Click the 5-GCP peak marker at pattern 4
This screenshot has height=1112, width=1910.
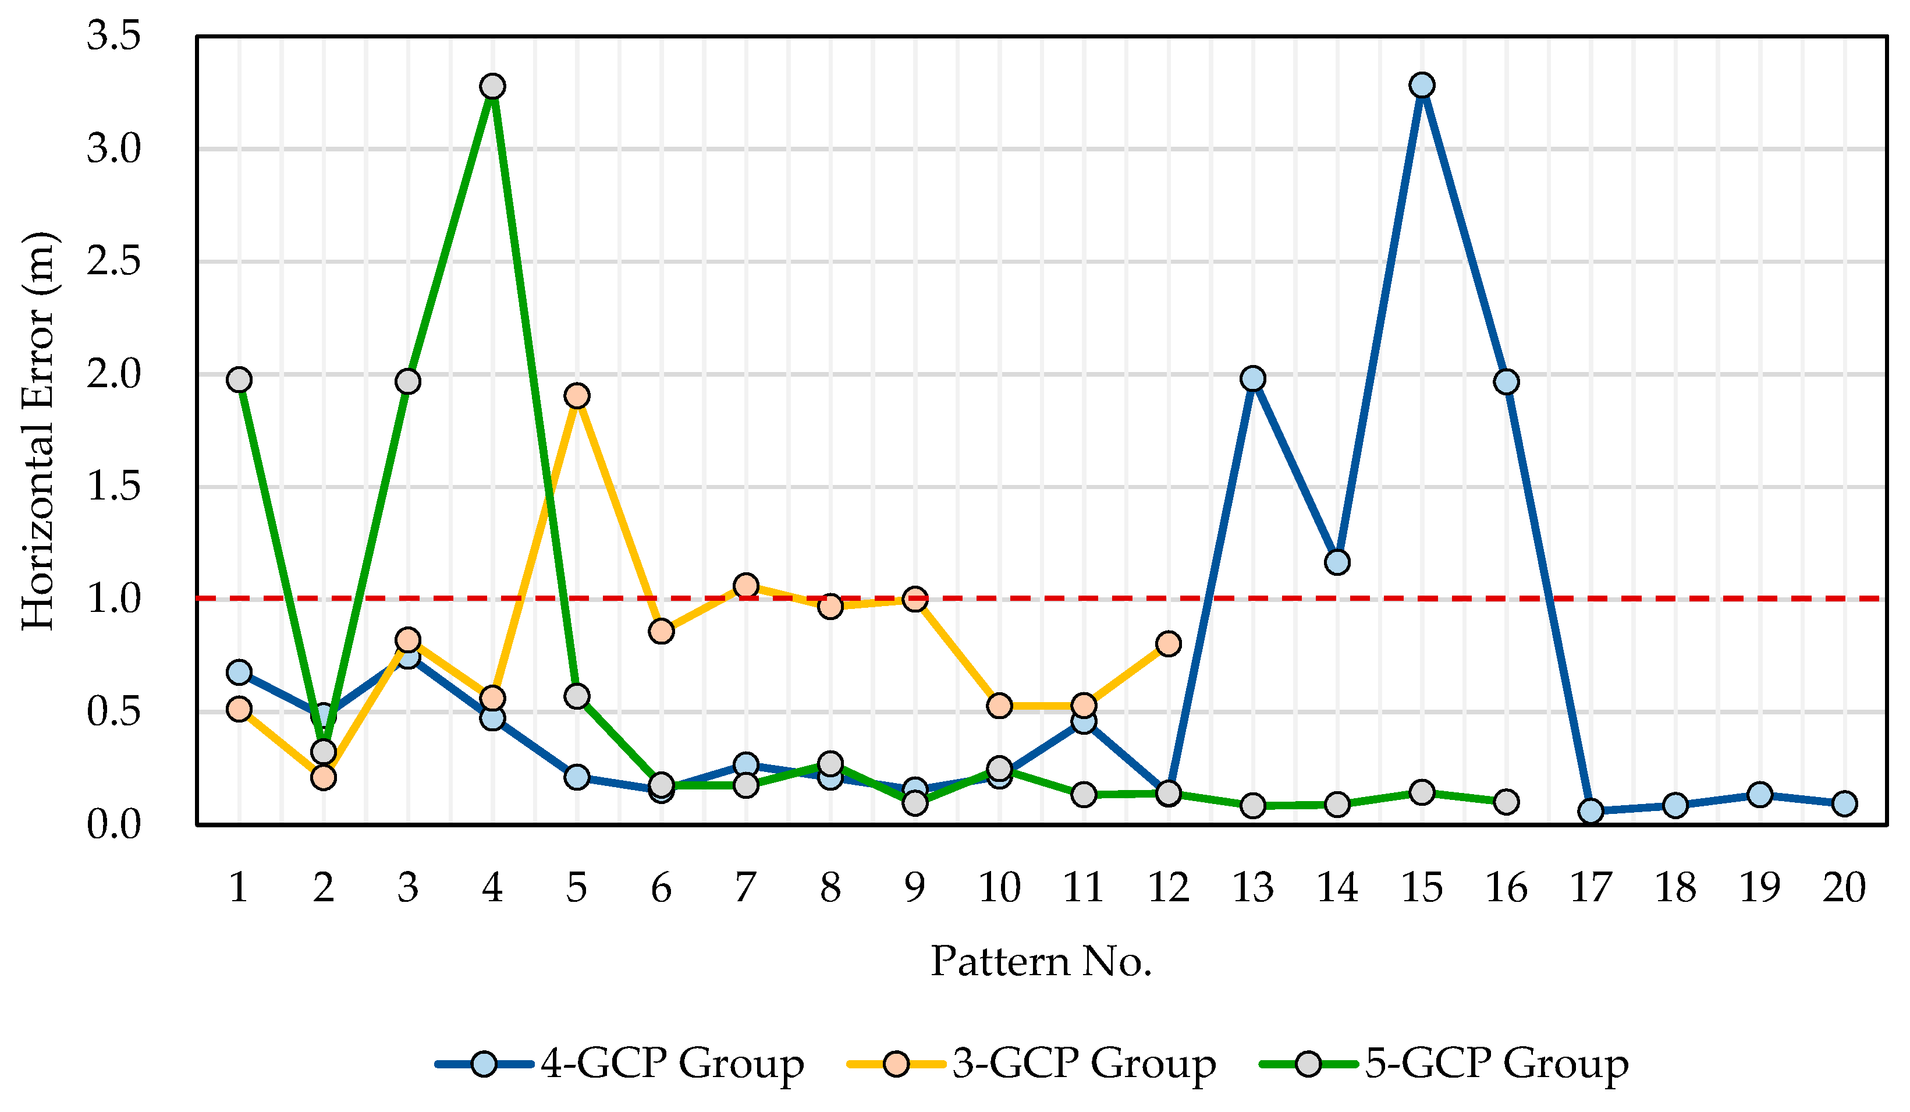(x=493, y=86)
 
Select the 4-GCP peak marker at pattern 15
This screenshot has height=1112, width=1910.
(x=1422, y=85)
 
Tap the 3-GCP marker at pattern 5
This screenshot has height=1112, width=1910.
(x=577, y=396)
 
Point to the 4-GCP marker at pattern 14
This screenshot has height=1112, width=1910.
(x=1337, y=562)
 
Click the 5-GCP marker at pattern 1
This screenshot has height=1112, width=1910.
(x=239, y=380)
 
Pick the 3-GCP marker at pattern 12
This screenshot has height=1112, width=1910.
(x=1168, y=643)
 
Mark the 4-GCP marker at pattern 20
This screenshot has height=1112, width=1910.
(x=1844, y=803)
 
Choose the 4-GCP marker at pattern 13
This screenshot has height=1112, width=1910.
(x=1253, y=378)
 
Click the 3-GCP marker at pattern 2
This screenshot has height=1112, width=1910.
(x=324, y=777)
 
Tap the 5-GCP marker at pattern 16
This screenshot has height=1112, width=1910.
(x=1506, y=801)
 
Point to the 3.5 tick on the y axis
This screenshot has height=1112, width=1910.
(x=113, y=36)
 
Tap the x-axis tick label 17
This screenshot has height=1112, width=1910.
(x=1590, y=887)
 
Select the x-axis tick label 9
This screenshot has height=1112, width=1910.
(x=915, y=887)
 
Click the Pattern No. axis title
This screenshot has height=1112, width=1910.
(x=1041, y=961)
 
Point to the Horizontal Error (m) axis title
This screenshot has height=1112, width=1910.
(x=38, y=431)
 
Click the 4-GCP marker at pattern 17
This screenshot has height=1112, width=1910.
(x=1590, y=811)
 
